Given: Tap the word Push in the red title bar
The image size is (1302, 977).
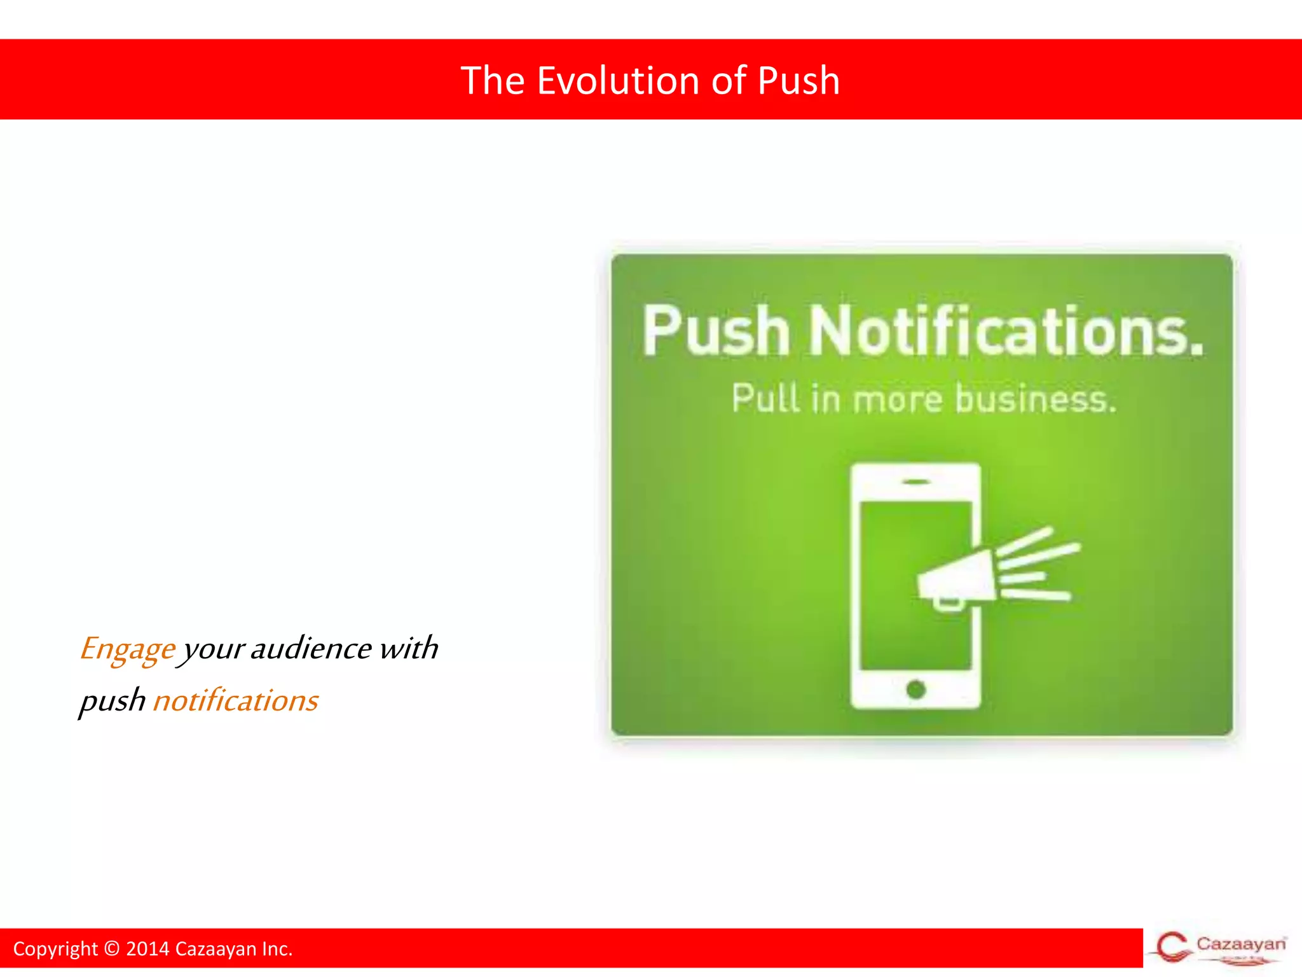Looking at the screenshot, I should click(798, 81).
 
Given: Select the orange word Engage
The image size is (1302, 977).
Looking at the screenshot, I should click(127, 649).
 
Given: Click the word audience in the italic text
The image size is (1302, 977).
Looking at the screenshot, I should click(311, 648).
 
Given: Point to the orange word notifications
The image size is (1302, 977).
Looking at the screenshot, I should click(235, 700).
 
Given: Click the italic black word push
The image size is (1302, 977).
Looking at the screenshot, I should click(113, 702).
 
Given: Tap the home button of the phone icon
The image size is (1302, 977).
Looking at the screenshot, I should click(915, 689).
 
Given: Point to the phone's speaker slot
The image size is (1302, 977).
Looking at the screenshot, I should click(915, 482).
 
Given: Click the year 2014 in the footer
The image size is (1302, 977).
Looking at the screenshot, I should click(147, 948).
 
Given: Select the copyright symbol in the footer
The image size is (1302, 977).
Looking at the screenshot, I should click(111, 948).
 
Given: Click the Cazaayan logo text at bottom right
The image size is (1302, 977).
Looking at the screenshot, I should click(1240, 943).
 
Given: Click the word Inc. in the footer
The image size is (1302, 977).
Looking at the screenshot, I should click(277, 948).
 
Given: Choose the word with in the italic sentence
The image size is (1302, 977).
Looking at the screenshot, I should click(409, 648).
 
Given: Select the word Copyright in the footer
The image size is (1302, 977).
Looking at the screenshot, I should click(55, 948).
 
